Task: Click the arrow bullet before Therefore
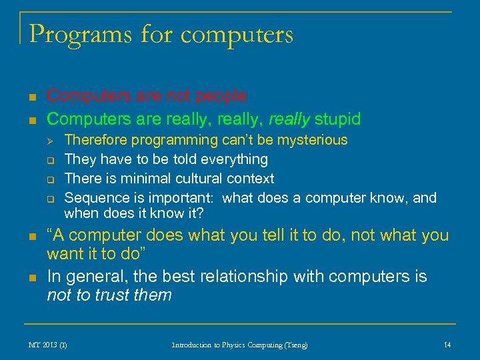[x=50, y=141]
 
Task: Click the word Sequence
[x=90, y=198]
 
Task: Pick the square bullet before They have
[x=50, y=160]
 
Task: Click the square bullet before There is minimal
[x=50, y=179]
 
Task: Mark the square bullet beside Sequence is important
[x=50, y=199]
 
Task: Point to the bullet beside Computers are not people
[x=31, y=97]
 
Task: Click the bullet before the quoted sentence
[x=31, y=237]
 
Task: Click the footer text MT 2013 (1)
[x=47, y=345]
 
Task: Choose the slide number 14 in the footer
[x=447, y=345]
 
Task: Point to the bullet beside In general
[x=31, y=277]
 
